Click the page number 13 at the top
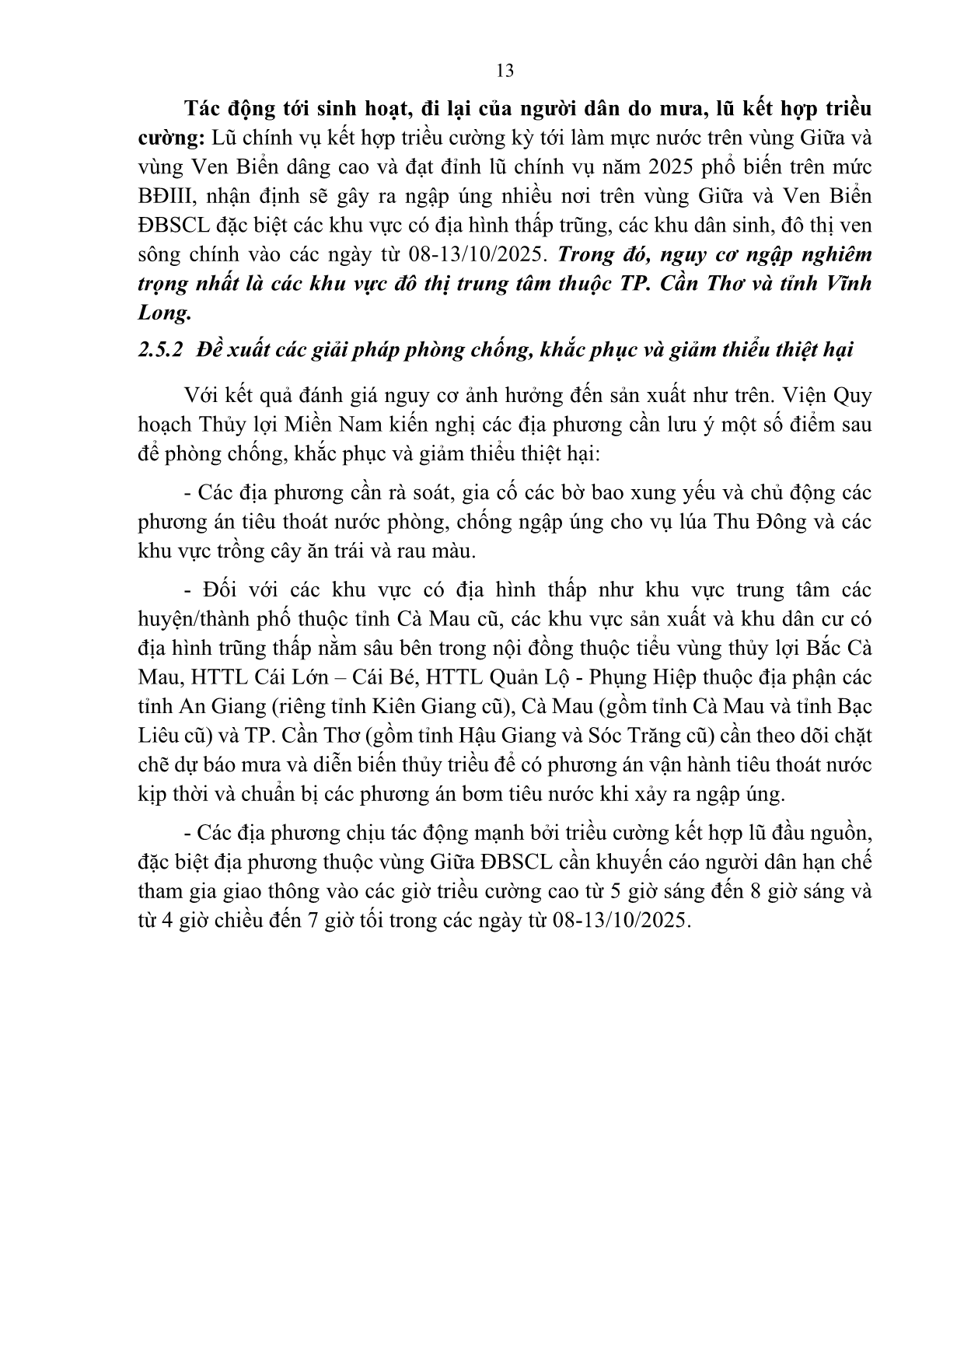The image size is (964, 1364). (505, 71)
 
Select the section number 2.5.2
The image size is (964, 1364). (160, 350)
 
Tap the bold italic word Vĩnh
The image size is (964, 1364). (850, 284)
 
